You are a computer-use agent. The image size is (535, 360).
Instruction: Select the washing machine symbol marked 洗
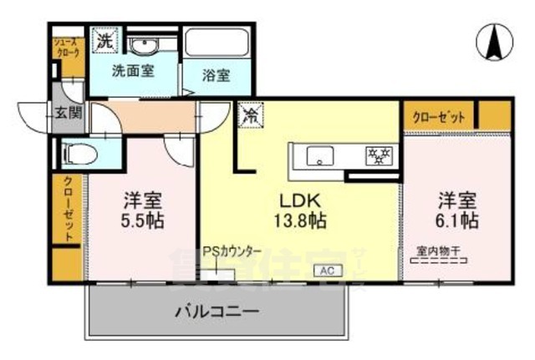click(105, 39)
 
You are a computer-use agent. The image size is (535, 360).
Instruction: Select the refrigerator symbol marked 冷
click(250, 116)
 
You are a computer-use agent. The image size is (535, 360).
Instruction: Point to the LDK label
click(297, 202)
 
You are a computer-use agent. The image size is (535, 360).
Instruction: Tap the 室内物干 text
click(441, 249)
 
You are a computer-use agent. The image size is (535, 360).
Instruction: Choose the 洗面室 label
click(134, 72)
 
